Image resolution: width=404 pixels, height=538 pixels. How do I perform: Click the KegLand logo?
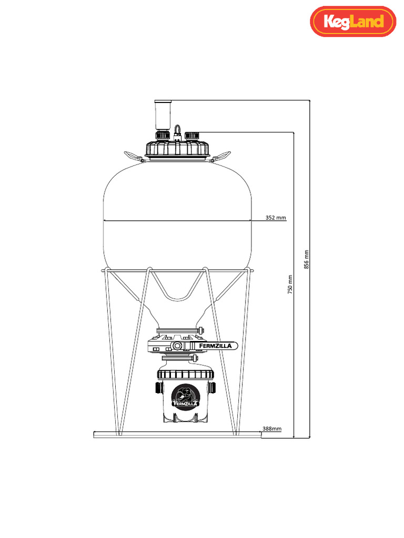(x=352, y=22)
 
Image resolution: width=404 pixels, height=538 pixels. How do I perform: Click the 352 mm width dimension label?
(x=276, y=217)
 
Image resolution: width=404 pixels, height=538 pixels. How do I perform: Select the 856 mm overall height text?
(x=307, y=259)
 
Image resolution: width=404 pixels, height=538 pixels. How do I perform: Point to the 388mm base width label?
(x=271, y=429)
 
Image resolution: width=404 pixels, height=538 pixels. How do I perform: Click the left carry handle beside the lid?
(x=133, y=155)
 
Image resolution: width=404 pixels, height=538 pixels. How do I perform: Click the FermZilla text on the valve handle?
(x=217, y=346)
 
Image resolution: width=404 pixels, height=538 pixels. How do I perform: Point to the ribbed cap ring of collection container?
(x=186, y=375)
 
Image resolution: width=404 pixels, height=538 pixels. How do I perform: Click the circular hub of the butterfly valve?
(x=178, y=346)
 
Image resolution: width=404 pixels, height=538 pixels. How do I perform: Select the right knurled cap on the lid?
(x=191, y=136)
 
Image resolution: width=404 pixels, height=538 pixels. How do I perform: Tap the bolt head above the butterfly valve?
(x=200, y=330)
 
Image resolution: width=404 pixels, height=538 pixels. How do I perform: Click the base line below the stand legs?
(x=177, y=434)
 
